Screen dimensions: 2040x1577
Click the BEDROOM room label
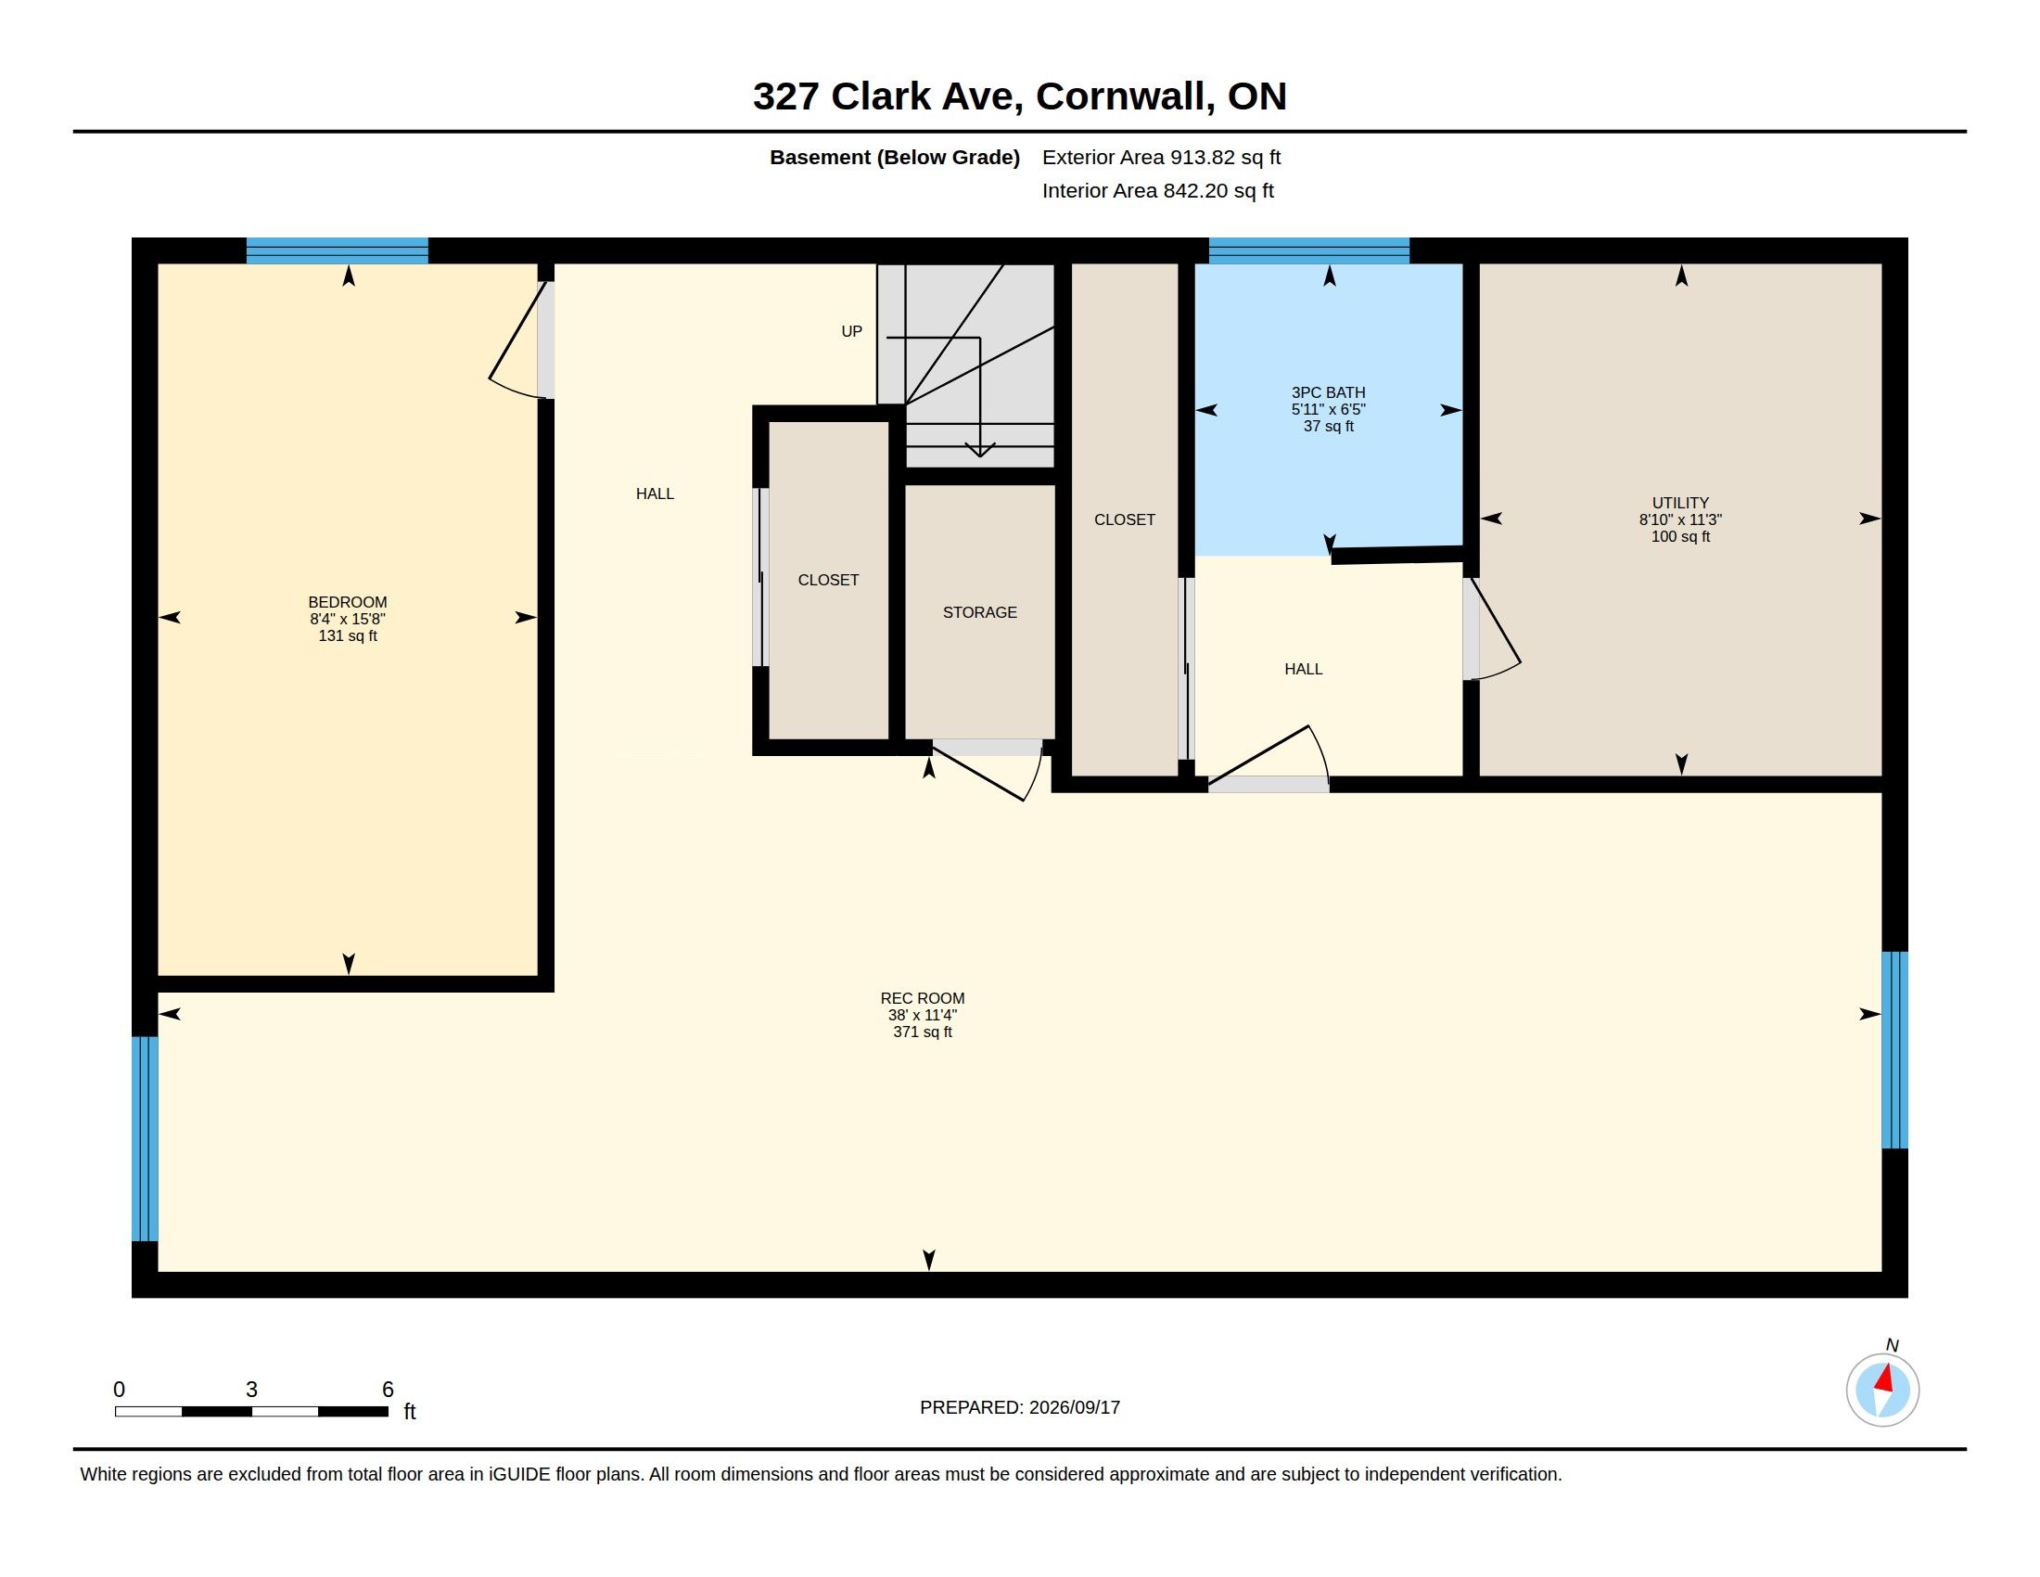348,603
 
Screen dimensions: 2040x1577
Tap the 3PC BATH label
1328,393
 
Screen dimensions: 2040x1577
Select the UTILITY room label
1680,503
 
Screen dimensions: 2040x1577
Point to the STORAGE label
980,613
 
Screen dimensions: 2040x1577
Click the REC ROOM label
923,999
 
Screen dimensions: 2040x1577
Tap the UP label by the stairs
852,332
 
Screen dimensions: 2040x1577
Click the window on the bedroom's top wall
338,250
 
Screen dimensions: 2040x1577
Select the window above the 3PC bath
1308,250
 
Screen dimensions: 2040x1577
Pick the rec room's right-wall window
1894,1050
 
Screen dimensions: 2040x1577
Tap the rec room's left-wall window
145,1139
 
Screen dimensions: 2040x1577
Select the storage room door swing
988,772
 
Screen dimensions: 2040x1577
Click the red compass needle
1885,1378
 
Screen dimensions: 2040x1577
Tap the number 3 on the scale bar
251,1390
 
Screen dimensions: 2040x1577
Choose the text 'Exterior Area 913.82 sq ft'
1161,157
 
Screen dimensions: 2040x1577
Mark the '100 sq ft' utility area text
1680,537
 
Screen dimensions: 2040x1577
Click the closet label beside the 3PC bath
1125,519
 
